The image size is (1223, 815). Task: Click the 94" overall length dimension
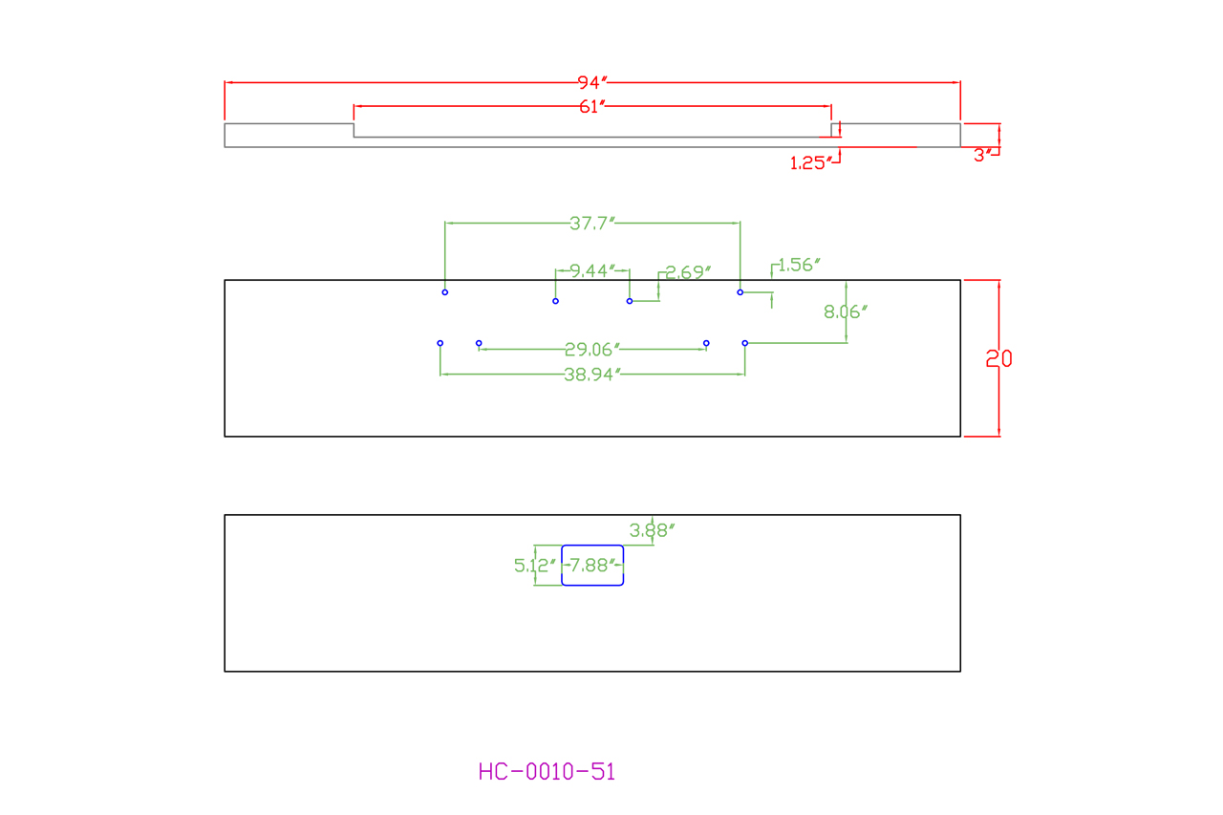[x=592, y=82]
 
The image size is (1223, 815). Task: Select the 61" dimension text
[x=592, y=106]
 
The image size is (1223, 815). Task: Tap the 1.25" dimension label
[x=810, y=163]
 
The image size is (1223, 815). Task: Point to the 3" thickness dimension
[x=982, y=156]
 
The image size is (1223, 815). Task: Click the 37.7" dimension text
[x=592, y=224]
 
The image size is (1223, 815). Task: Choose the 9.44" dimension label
[x=592, y=271]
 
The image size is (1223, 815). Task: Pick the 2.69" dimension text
[x=688, y=272]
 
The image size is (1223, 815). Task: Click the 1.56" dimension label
[x=799, y=265]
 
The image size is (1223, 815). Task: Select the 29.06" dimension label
[x=592, y=350]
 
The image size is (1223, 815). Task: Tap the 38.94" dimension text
[x=592, y=375]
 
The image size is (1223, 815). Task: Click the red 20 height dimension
[x=998, y=359]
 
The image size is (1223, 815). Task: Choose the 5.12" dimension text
[x=534, y=566]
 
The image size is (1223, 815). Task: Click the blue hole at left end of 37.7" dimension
[x=445, y=292]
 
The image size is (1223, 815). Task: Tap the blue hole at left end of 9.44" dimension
[x=556, y=301]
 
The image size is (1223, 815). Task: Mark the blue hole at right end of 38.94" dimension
[x=745, y=343]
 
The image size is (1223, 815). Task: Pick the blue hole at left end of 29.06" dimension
[x=479, y=343]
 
